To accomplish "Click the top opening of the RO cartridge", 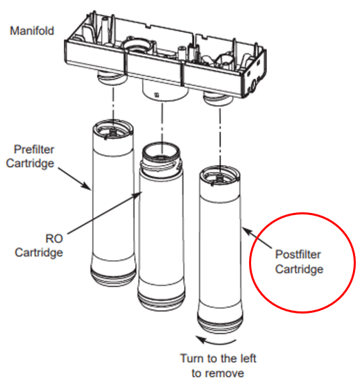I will pyautogui.click(x=164, y=151).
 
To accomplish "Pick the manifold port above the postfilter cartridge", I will pyautogui.click(x=216, y=101).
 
